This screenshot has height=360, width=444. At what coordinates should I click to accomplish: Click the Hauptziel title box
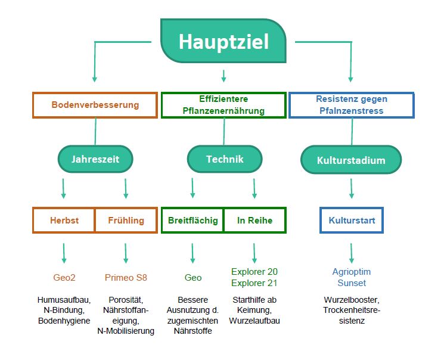coord(223,41)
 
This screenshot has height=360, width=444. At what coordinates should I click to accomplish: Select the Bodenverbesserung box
coord(95,105)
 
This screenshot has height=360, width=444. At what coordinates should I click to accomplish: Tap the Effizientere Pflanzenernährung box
coord(223,105)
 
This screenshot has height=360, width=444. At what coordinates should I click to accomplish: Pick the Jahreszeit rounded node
coord(95,160)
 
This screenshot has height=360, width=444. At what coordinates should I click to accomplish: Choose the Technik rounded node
coord(224,159)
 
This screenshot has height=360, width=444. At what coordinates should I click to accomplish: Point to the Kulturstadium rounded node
coord(351,160)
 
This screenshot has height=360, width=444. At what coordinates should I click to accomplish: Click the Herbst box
coord(64,220)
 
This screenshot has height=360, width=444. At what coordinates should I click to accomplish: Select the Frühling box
coord(126,220)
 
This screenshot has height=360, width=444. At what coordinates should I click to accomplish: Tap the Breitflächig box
coord(192,220)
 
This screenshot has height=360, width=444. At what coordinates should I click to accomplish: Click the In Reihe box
coord(254,220)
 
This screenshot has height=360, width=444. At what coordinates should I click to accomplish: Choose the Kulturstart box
coord(351,220)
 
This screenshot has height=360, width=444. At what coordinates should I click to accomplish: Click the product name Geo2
coord(64,277)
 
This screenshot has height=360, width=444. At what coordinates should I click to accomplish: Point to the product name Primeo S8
coord(126,277)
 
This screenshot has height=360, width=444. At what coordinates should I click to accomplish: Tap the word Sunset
coord(352,283)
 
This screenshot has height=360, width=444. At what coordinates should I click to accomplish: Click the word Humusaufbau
coord(64,300)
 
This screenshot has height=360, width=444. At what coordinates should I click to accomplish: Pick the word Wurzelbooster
coord(352,300)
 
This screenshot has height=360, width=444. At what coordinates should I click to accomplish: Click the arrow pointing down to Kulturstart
coord(351,188)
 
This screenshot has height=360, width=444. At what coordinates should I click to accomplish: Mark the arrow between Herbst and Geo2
coord(64,253)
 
